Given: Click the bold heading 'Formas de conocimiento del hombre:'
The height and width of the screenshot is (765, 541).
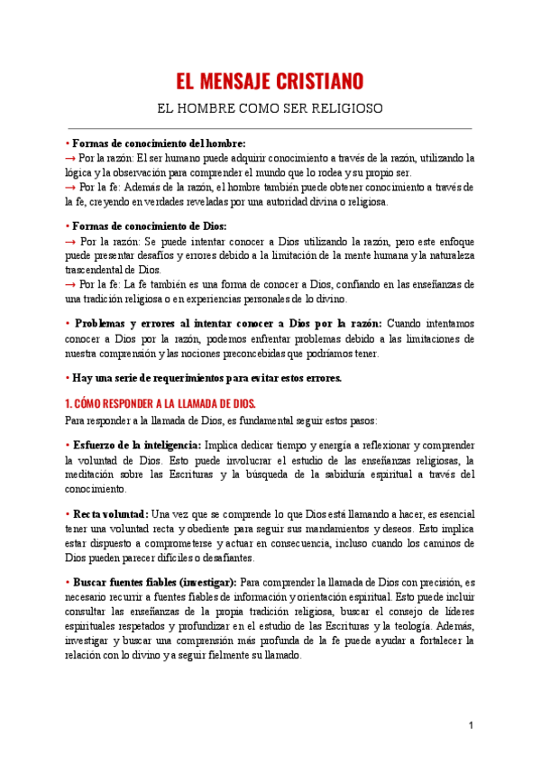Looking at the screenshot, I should point(159,143).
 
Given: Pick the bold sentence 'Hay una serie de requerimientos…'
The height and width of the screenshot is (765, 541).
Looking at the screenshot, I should point(206,378).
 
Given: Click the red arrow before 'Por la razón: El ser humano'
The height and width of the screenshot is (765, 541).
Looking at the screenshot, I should point(69,158).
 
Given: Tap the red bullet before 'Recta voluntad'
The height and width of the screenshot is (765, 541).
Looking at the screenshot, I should point(69,513).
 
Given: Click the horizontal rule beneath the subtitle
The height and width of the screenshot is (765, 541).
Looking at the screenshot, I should point(270,128).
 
